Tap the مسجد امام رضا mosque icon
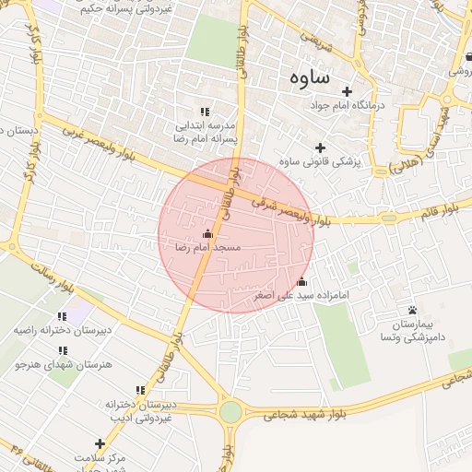point(206,233)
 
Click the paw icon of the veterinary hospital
point(412,311)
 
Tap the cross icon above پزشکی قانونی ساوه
point(320,147)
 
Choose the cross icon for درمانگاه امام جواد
point(347,91)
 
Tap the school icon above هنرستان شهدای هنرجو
point(63,350)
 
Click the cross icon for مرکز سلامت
point(100,443)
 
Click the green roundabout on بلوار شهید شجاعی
point(230,412)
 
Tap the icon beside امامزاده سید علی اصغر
point(302,281)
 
